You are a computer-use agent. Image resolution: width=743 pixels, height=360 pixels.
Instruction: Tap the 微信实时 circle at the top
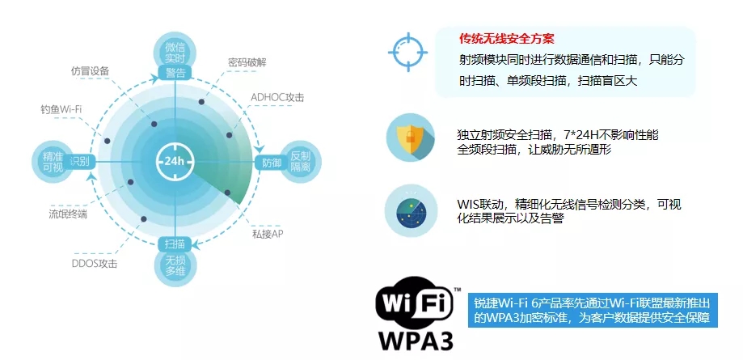(175, 50)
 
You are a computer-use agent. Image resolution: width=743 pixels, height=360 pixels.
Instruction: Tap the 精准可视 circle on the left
(51, 160)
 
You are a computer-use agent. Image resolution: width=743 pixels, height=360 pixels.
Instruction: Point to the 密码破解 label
(248, 61)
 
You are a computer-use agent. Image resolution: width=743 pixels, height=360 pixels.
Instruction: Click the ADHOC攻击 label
(277, 98)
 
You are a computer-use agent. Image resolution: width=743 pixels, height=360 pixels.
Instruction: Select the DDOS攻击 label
(95, 264)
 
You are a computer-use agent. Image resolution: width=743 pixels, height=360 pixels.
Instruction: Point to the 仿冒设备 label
(90, 70)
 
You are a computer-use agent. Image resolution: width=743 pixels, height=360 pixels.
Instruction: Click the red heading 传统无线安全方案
(506, 39)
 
